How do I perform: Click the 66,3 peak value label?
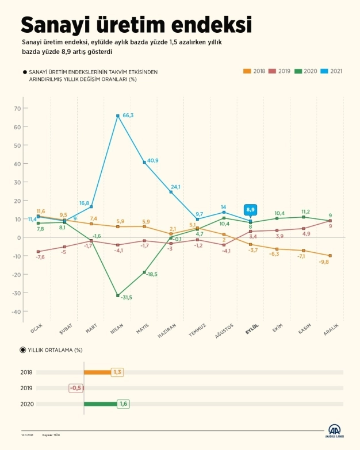[x=128, y=116]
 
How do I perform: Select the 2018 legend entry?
[x=254, y=71]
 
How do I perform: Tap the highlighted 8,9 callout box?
[x=250, y=209]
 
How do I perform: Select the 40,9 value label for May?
[x=154, y=161]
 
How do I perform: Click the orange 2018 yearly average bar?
[x=97, y=372]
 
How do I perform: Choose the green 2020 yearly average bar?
[x=100, y=404]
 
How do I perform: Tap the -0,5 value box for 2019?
[x=76, y=388]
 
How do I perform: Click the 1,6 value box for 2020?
[x=123, y=404]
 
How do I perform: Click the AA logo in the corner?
[x=335, y=430]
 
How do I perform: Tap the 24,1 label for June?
[x=175, y=187]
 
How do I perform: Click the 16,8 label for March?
[x=84, y=203]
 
